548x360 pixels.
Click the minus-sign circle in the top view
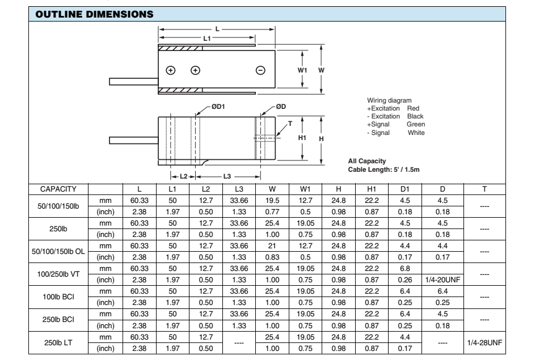pyautogui.click(x=260, y=70)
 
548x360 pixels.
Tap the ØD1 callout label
pyautogui.click(x=218, y=107)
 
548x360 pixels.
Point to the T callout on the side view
pyautogui.click(x=290, y=124)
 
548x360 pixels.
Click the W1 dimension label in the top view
pyautogui.click(x=302, y=70)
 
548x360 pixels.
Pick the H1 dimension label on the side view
pyautogui.click(x=302, y=137)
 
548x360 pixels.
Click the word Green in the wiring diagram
pyautogui.click(x=416, y=124)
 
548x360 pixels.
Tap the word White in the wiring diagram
pyautogui.click(x=416, y=132)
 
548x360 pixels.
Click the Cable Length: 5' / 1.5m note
pyautogui.click(x=380, y=170)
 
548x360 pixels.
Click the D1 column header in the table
pyautogui.click(x=404, y=188)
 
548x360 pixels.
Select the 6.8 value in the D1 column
pyautogui.click(x=404, y=269)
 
